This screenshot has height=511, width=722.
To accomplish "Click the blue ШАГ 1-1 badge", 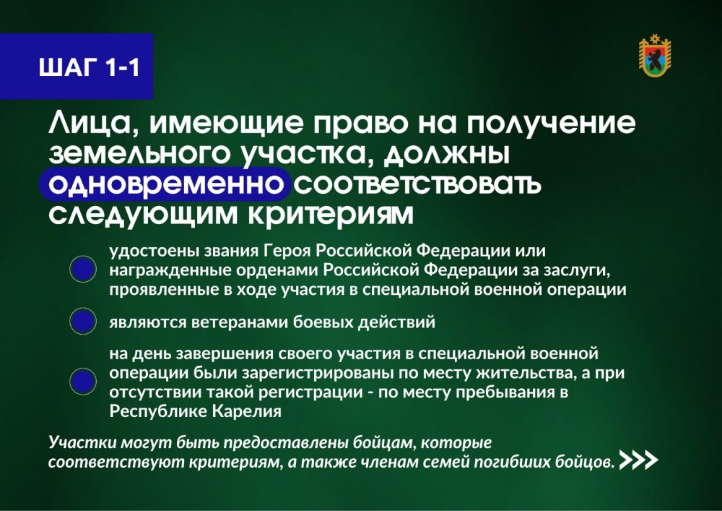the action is (77, 66).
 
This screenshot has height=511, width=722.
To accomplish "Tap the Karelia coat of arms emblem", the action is (655, 56).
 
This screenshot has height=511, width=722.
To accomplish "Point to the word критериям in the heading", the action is (331, 215).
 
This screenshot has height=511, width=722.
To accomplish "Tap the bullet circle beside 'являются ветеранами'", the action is (83, 321).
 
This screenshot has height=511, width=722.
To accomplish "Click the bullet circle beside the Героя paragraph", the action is (83, 269).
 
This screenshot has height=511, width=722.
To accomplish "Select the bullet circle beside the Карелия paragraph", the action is (83, 382).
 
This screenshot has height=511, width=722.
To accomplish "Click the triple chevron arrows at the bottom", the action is (639, 460).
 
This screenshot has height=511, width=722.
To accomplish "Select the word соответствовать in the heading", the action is (417, 184).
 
